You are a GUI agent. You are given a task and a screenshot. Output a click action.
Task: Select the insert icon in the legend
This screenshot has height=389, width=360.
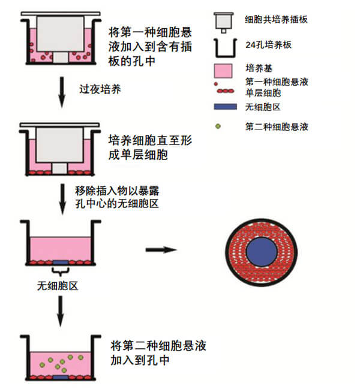pos(223,21)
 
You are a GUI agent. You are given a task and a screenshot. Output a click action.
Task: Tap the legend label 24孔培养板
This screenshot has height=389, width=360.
pos(268,44)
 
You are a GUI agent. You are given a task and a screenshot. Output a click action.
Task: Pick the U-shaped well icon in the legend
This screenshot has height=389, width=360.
pos(223,46)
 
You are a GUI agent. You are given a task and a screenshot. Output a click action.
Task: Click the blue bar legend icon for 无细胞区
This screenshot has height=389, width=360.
pos(223,107)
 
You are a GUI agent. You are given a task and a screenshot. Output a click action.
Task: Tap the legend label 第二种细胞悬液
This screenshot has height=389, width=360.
pos(277,126)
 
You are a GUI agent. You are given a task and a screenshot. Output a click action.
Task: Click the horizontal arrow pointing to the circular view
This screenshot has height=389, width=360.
pos(161,248)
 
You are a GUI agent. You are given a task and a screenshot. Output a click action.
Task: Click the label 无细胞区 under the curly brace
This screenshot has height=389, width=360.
pos(58,285)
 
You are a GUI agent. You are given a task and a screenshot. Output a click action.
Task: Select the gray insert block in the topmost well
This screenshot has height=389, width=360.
pos(61,33)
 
